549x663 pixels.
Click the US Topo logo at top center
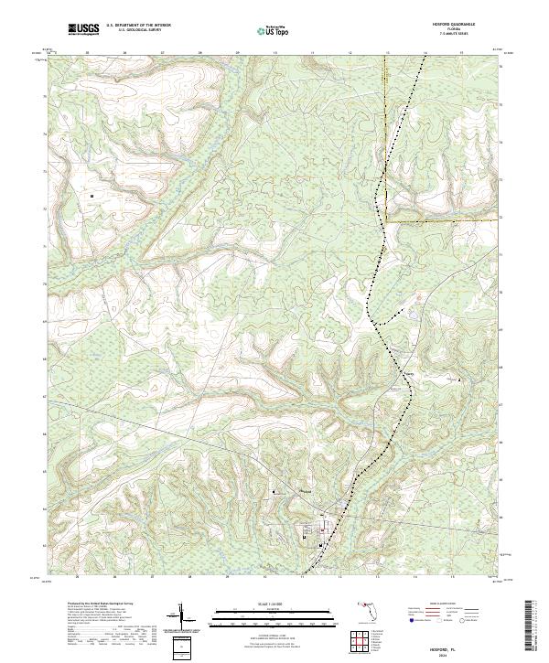pyautogui.click(x=261, y=31)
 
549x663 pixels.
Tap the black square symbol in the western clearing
pyautogui.click(x=92, y=195)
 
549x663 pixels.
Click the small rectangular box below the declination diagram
pyautogui.click(x=180, y=647)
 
